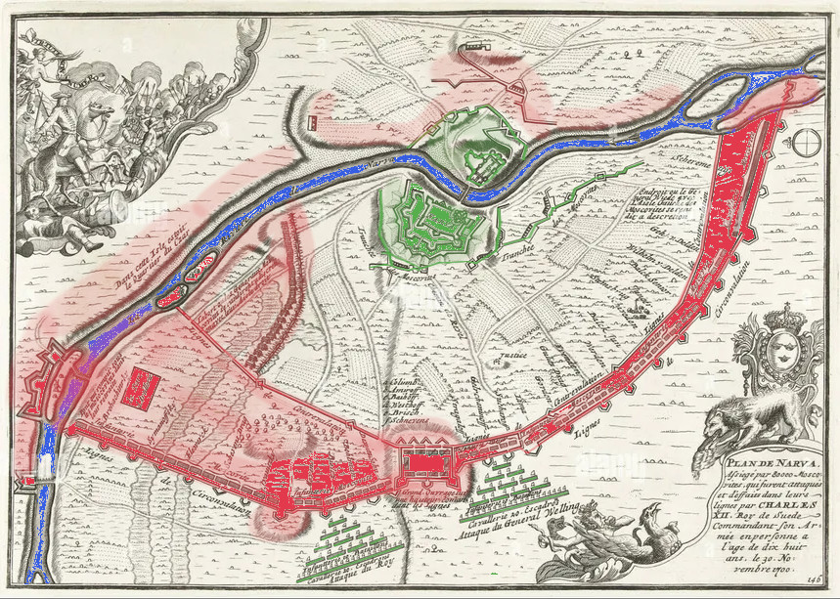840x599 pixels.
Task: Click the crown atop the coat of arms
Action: point(779,318)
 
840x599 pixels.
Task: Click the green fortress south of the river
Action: point(434,220)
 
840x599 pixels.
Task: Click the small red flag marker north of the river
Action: point(313,122)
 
